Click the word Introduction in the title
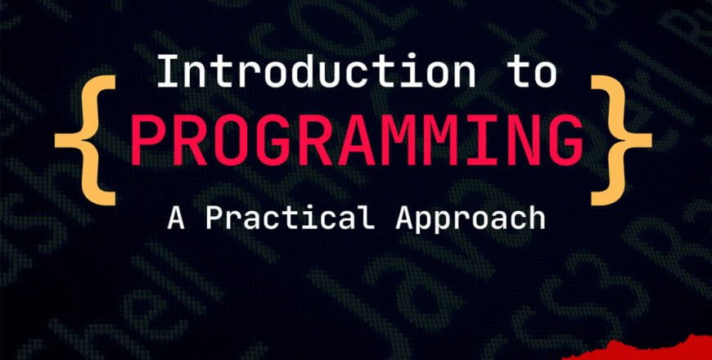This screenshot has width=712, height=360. (x=315, y=72)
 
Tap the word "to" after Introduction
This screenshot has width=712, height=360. (x=533, y=72)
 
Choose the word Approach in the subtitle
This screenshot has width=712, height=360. (x=471, y=218)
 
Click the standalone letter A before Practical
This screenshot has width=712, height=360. (x=176, y=218)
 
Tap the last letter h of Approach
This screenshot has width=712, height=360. (x=536, y=218)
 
